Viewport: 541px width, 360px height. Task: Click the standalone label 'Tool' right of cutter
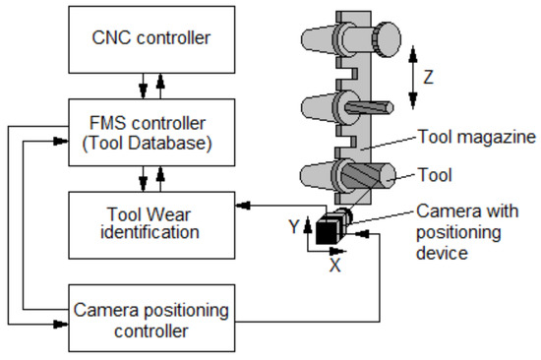click(x=435, y=177)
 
